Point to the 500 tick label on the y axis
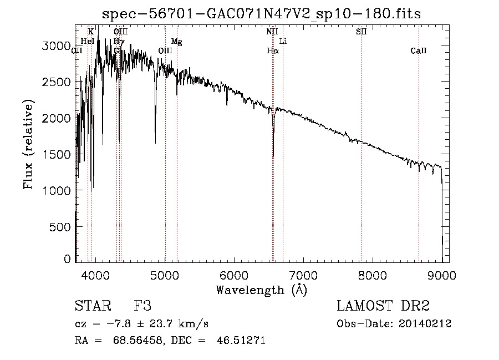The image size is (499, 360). point(60,227)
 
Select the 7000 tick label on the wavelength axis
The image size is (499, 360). point(303,275)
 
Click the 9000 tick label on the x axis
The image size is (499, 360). point(442,275)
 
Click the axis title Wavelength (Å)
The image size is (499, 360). point(262,290)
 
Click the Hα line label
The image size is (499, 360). point(272,51)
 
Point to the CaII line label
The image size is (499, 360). point(419,51)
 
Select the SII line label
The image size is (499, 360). point(361,32)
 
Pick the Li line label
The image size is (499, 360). point(283,42)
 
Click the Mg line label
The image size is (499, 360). point(176,42)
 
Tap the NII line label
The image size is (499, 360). point(272,32)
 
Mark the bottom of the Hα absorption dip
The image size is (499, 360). point(273,156)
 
